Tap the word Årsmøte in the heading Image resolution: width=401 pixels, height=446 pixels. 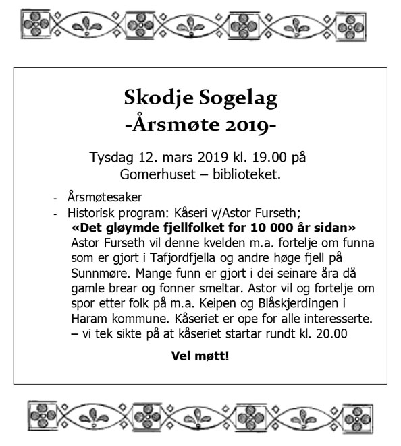coord(177,125)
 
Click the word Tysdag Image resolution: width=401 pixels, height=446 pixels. coord(112,158)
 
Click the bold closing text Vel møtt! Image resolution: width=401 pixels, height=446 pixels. coord(200,355)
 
